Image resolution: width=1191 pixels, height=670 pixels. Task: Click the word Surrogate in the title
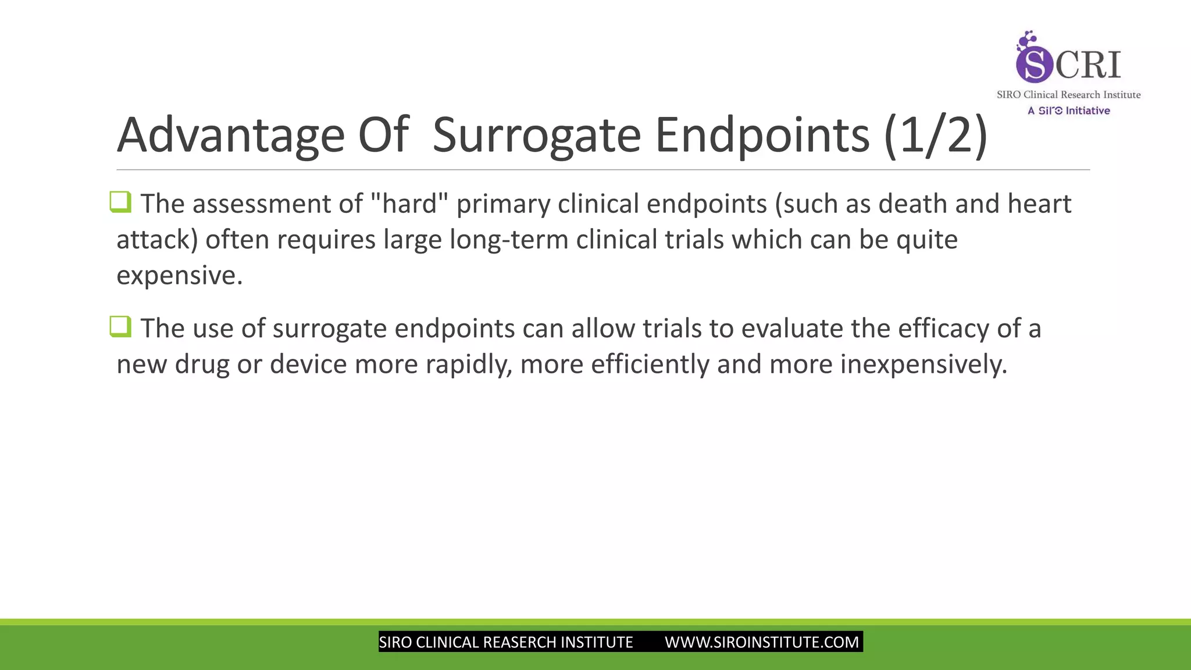coord(536,135)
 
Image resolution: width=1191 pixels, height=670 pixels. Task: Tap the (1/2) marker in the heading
coord(935,135)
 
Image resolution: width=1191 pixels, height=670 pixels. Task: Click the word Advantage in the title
coord(231,135)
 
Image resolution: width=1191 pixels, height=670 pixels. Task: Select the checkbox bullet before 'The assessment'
coord(120,202)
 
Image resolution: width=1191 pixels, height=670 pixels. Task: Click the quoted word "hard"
coord(409,204)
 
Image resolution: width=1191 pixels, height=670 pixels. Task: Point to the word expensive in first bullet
coord(179,275)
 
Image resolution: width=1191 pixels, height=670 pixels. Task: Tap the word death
coord(912,204)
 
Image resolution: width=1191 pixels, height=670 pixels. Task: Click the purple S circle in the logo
coord(1034,64)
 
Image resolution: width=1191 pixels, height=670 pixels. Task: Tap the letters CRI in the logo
coord(1088,65)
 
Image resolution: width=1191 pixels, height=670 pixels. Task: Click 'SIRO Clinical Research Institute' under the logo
coord(1068,95)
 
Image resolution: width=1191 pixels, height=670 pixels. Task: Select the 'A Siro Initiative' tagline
coord(1068,111)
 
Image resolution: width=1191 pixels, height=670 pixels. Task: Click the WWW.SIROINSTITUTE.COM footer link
coord(761,642)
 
